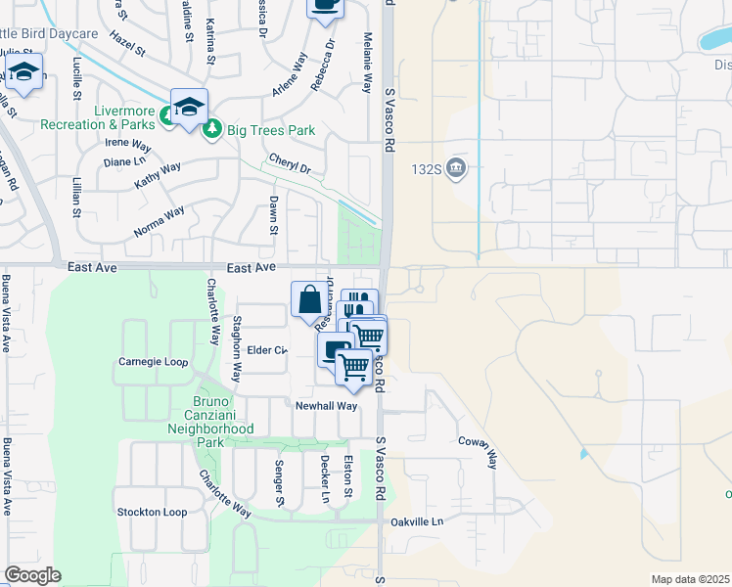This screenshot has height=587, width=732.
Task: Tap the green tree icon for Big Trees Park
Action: click(x=211, y=129)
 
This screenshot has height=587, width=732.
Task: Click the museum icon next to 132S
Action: click(x=455, y=169)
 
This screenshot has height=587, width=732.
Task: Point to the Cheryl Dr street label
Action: click(x=289, y=163)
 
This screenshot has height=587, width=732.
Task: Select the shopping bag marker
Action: click(x=309, y=299)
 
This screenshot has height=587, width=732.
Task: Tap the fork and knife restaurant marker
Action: click(x=359, y=304)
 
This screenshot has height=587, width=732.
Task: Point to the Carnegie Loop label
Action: click(x=152, y=361)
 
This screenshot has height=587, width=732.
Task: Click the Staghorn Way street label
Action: click(x=236, y=348)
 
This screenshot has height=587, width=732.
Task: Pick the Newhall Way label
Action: click(x=327, y=405)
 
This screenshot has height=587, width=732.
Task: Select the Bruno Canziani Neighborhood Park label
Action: click(x=210, y=422)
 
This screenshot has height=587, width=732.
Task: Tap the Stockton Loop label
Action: click(x=152, y=512)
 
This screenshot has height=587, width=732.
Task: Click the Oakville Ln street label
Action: click(x=416, y=521)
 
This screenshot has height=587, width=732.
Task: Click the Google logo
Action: click(x=32, y=575)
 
